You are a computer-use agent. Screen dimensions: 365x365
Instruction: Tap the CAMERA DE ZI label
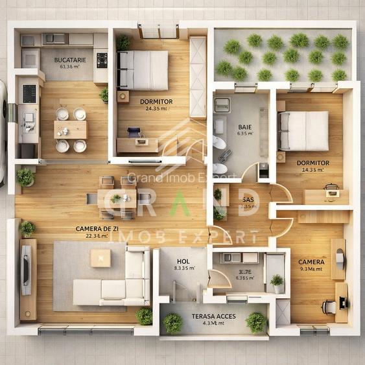coord(97,229)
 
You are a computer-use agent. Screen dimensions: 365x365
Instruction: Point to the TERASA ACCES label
coord(215,316)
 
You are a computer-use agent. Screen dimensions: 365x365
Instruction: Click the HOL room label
coord(182,261)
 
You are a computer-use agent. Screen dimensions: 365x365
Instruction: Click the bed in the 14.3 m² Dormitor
coord(303,130)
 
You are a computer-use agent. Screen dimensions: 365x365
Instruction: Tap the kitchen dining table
coord(71,130)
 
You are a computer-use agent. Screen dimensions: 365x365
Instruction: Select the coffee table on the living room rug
coord(100,258)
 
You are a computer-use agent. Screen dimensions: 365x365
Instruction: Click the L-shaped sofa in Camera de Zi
coord(117,285)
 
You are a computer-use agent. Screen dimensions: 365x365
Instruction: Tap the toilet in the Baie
coord(219,143)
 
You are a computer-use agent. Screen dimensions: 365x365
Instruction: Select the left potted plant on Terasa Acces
coord(172,322)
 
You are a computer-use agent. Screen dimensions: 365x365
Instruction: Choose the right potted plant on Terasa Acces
coord(256,322)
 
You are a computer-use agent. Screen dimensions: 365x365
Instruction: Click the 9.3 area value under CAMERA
coord(312,269)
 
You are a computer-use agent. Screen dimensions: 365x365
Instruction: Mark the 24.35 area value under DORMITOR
coord(156,109)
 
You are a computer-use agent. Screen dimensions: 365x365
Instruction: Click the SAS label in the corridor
coord(248,200)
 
